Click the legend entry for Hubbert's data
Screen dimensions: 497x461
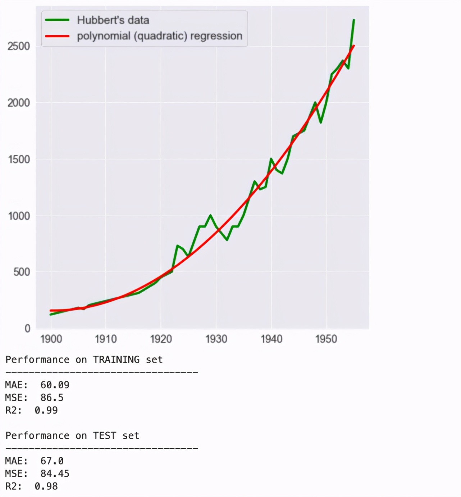113,20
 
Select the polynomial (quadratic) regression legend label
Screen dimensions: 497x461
159,36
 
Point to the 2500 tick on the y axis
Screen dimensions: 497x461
19,46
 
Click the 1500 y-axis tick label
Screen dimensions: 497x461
19,159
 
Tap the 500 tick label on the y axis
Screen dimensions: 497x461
22,272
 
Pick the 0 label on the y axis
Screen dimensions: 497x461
27,328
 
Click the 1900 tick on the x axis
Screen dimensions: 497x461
51,339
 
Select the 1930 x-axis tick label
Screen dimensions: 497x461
216,339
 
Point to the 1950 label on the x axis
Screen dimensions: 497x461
326,339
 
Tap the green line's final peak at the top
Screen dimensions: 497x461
354,20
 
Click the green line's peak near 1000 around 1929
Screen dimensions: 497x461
210,215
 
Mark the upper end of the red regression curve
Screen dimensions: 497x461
354,46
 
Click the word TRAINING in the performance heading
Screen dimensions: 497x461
116,359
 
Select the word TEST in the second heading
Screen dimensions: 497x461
104,436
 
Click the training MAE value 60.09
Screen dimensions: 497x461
55,385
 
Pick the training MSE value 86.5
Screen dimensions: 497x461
52,398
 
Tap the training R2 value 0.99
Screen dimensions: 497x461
46,410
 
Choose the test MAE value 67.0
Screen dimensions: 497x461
52,461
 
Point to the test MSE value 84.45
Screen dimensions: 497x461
55,474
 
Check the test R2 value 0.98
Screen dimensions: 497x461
46,486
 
